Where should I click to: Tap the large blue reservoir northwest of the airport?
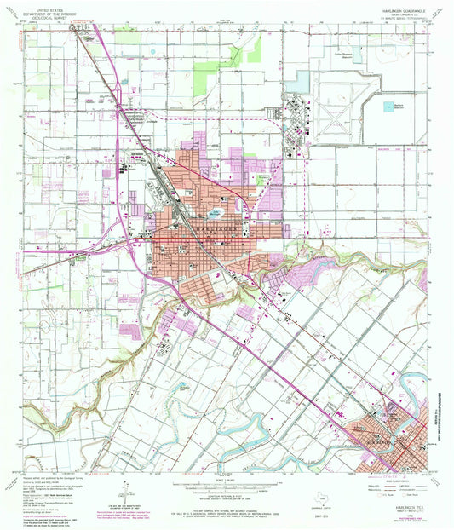pos(297,82)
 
